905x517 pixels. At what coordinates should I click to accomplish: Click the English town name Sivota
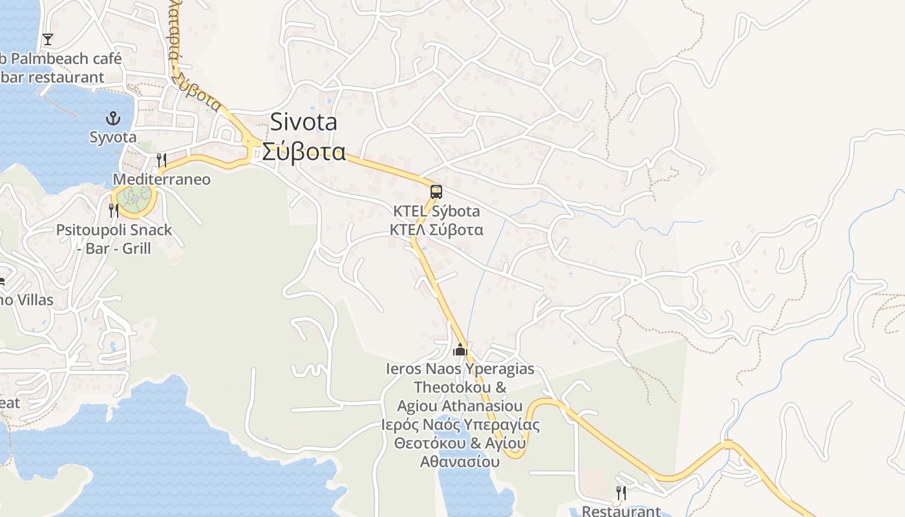[304, 121]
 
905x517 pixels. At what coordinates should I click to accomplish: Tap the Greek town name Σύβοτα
[304, 152]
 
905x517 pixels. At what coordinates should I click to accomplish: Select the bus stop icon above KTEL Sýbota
[436, 191]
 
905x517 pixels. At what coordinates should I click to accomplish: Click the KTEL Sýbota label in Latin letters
[437, 211]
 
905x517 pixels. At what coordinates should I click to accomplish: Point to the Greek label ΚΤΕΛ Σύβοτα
[437, 229]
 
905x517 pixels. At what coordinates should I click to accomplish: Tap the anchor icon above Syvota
[113, 118]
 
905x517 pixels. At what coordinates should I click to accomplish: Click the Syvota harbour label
[113, 137]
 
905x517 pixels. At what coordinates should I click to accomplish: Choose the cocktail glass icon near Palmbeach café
[48, 39]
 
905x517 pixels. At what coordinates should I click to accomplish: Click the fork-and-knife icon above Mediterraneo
[162, 160]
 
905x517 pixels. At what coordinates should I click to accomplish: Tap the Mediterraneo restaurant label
[162, 179]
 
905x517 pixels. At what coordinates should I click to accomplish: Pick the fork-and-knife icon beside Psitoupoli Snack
[114, 210]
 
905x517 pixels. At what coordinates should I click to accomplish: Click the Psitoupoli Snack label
[114, 230]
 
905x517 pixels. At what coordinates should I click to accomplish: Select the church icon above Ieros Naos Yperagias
[460, 350]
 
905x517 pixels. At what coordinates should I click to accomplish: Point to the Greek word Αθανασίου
[460, 462]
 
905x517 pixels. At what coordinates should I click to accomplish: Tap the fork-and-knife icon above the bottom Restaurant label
[621, 493]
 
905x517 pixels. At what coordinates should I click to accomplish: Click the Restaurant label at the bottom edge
[621, 511]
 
